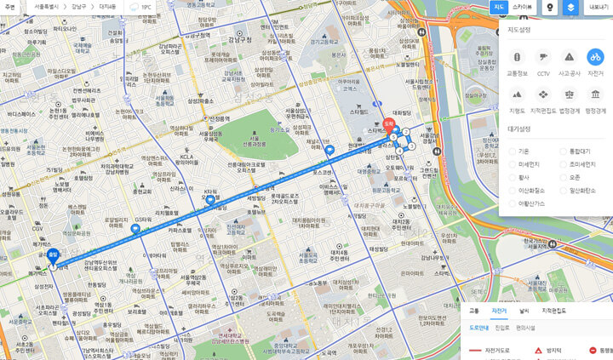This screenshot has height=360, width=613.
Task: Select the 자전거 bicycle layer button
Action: coord(596,56)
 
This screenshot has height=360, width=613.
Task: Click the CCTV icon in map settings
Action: coord(542,56)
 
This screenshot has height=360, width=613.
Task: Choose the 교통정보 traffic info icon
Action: coord(516,56)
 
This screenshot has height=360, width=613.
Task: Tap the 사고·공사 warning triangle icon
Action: coord(570,56)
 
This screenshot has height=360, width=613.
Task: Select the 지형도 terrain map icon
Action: coord(516,94)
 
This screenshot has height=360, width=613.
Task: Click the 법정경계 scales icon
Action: coord(570,94)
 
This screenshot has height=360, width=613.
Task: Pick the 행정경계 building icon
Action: coord(596,94)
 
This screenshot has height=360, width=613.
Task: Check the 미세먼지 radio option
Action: coord(513,163)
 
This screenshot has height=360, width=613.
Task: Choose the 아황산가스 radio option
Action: coord(513,203)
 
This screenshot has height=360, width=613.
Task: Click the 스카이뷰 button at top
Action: coord(523,7)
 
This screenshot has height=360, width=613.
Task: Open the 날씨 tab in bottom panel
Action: coord(524,311)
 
